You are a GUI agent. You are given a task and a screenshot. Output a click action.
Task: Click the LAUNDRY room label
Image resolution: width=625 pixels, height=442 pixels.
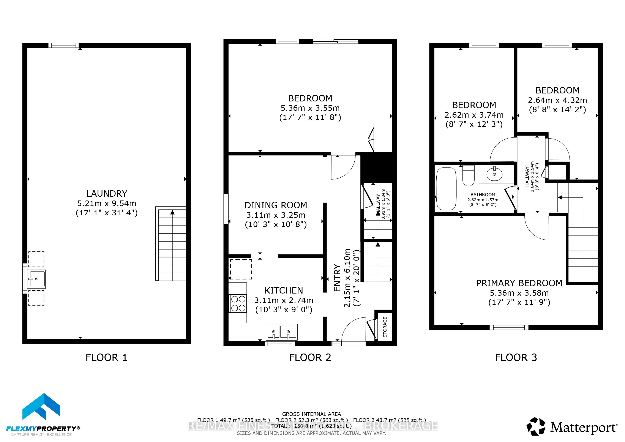click(107, 194)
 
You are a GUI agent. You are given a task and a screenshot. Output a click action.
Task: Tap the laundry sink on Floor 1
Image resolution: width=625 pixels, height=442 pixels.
click(37, 279)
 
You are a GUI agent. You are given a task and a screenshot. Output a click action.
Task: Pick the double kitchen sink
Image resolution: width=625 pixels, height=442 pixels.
click(281, 332)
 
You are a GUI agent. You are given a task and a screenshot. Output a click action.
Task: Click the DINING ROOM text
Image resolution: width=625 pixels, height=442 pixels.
click(276, 205)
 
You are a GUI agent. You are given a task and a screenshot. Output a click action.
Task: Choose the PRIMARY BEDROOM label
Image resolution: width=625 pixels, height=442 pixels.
click(519, 283)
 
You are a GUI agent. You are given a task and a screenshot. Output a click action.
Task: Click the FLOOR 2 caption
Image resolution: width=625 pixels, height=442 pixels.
click(310, 357)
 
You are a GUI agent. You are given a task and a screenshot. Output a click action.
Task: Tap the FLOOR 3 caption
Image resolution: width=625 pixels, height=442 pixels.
click(516, 357)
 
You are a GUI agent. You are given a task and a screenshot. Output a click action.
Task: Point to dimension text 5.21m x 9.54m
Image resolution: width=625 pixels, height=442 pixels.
click(107, 203)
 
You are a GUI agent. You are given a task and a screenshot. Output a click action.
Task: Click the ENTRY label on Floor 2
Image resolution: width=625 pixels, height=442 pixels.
click(337, 278)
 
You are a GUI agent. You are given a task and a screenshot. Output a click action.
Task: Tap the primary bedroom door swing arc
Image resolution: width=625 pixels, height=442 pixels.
click(533, 229)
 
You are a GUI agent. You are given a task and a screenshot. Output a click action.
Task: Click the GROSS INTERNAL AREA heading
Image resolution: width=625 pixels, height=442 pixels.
click(311, 414)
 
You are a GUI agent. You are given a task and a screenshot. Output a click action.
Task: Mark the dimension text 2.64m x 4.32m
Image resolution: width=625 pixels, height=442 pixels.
click(557, 100)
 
